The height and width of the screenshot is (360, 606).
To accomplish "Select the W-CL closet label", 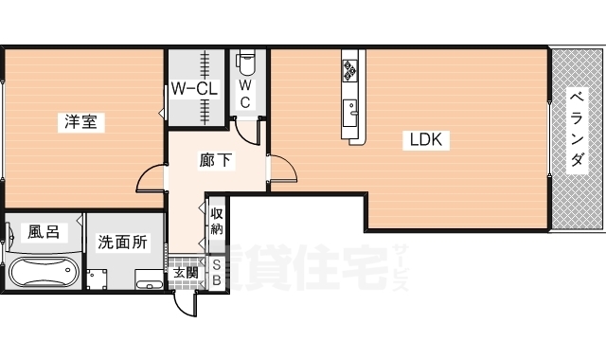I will pos(195,90).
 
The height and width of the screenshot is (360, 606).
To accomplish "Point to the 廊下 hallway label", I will pos(216,160).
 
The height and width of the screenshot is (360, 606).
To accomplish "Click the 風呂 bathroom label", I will pos(43,230).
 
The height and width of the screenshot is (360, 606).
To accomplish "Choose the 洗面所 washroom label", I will pos(123,242).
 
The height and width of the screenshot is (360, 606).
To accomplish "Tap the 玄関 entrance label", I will pos(186,274).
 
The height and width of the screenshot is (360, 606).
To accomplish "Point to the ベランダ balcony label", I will pos(576,130).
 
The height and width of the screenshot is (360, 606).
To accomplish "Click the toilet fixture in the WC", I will pos(246,63).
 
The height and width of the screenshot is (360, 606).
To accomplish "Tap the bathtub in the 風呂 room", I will pos(42,274).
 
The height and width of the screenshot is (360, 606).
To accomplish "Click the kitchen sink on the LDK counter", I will pos(352,107).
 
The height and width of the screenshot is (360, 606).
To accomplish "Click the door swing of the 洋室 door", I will pos(151,179).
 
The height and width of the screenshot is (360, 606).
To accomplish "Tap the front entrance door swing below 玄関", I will pos(186,305).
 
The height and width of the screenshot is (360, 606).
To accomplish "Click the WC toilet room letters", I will pos(244,94).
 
